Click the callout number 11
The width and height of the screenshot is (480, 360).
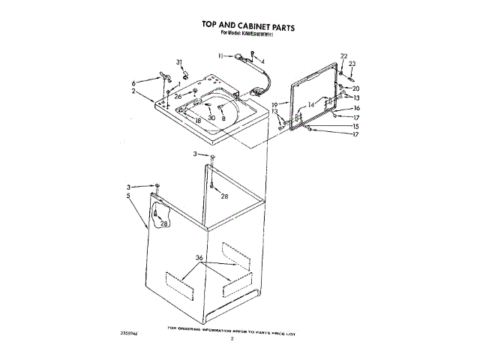(221, 55)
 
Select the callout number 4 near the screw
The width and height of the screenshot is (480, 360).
(263, 60)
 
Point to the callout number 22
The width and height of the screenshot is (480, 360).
(344, 56)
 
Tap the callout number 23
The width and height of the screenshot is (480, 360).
(352, 64)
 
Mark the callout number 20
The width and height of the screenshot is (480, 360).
(355, 88)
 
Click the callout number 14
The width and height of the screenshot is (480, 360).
(311, 105)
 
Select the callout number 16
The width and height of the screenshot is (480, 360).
(357, 108)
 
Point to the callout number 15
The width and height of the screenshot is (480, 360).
(356, 126)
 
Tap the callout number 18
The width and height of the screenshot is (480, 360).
(198, 119)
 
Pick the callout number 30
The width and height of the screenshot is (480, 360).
(212, 118)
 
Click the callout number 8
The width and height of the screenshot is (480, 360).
(223, 118)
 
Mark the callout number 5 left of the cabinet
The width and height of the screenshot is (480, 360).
(128, 195)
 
